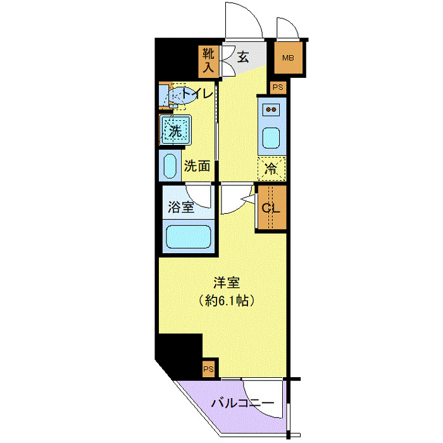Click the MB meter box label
click(288, 58)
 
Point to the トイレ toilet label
click(197, 96)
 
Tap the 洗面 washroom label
click(197, 166)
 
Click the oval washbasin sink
click(170, 166)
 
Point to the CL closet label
click(272, 207)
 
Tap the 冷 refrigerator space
click(271, 168)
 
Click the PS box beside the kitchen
click(278, 87)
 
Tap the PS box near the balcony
click(208, 368)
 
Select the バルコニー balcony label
click(242, 403)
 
